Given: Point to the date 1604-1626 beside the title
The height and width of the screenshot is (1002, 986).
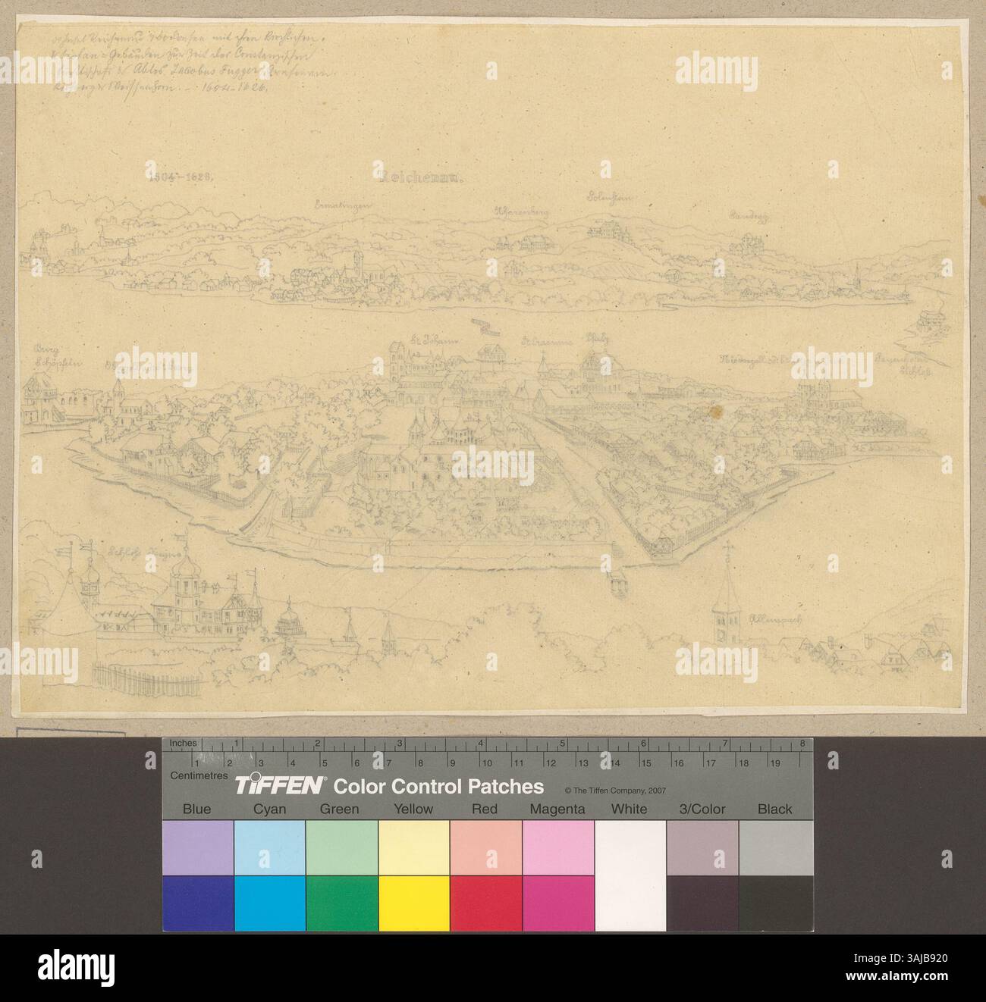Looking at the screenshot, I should pyautogui.click(x=181, y=175).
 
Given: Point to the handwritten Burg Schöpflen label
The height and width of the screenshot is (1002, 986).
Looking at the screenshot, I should pyautogui.click(x=47, y=356).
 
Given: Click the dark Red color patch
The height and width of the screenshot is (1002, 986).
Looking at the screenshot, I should pyautogui.click(x=485, y=903).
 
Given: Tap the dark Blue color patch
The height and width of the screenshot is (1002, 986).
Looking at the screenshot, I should pyautogui.click(x=196, y=903).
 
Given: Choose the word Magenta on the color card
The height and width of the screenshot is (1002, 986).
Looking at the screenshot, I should pyautogui.click(x=557, y=809).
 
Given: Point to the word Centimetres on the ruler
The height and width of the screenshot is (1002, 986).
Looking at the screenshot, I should pyautogui.click(x=199, y=775).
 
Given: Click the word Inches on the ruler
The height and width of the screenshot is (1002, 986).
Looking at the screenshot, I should pyautogui.click(x=184, y=744).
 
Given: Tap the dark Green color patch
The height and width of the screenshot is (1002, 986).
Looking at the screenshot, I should pyautogui.click(x=341, y=903).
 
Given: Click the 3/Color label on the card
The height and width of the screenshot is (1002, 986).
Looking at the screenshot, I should pyautogui.click(x=701, y=809).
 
